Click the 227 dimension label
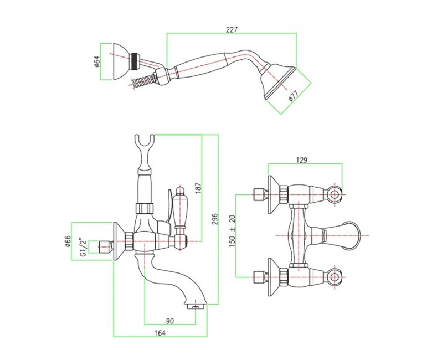232,30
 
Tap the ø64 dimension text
96,61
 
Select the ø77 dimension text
294,96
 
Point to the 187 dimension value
199,188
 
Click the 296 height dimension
215,219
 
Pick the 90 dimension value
170,321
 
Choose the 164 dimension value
160,333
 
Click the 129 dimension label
302,160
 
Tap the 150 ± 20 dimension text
232,230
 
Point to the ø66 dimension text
68,241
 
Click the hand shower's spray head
277,81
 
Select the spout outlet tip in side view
196,306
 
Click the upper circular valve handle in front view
335,195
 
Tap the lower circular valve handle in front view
335,277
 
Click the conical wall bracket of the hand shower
121,61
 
